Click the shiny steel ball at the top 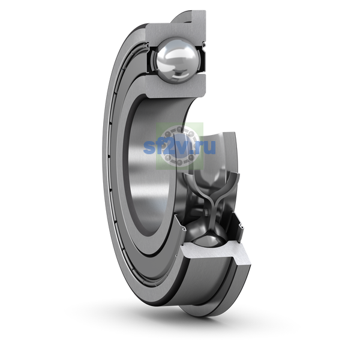tap(177, 61)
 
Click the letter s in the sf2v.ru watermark tap(149, 147)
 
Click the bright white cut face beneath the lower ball tap(216, 253)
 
